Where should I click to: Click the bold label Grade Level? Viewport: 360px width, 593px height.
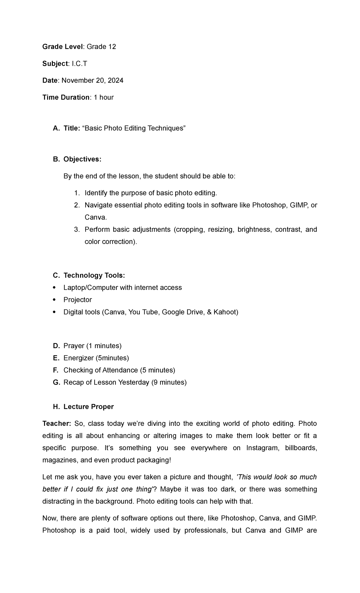pyautogui.click(x=62, y=47)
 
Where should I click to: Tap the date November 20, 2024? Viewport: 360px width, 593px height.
pyautogui.click(x=92, y=80)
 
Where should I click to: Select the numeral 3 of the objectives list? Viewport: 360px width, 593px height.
pyautogui.click(x=76, y=230)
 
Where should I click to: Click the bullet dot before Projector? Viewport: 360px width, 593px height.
pyautogui.click(x=54, y=300)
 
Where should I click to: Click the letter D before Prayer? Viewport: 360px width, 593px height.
pyautogui.click(x=56, y=346)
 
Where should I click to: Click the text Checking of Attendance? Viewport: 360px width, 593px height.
pyautogui.click(x=100, y=370)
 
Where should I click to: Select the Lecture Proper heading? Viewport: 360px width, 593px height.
pyautogui.click(x=88, y=407)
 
